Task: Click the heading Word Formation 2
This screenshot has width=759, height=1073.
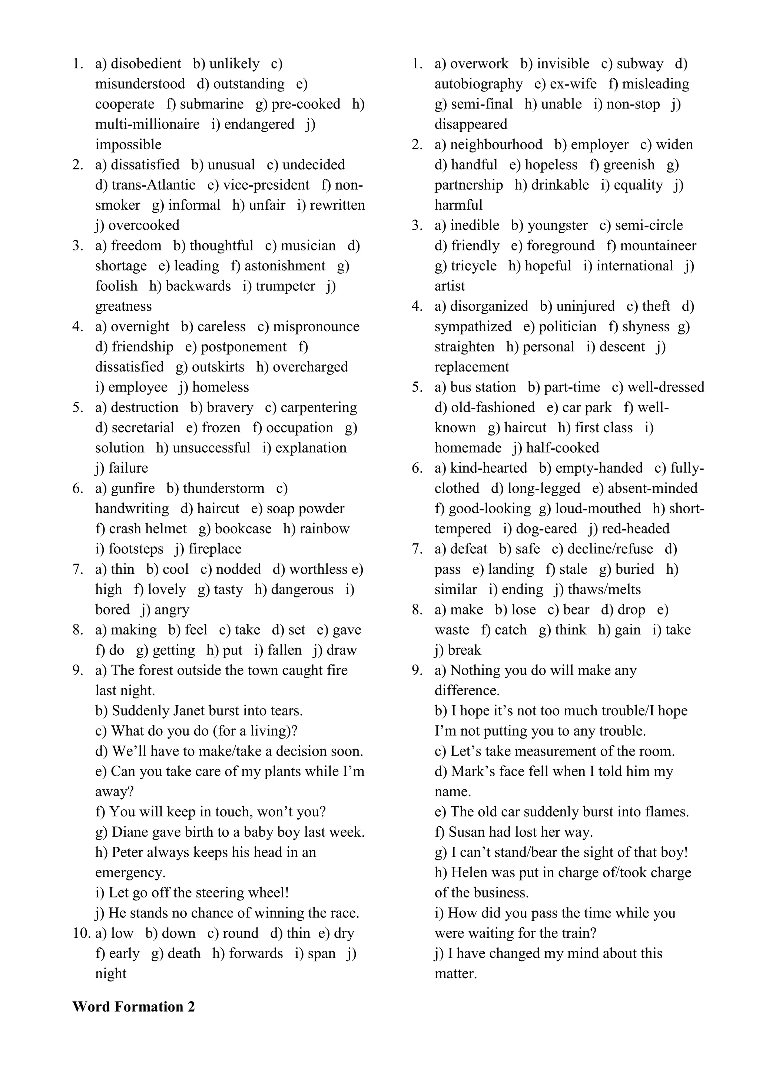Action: pyautogui.click(x=133, y=1006)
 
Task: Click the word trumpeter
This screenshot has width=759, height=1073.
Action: pyautogui.click(x=285, y=286)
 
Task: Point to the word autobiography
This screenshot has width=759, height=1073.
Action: pyautogui.click(x=478, y=84)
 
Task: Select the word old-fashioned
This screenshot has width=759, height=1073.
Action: pyautogui.click(x=493, y=407)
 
